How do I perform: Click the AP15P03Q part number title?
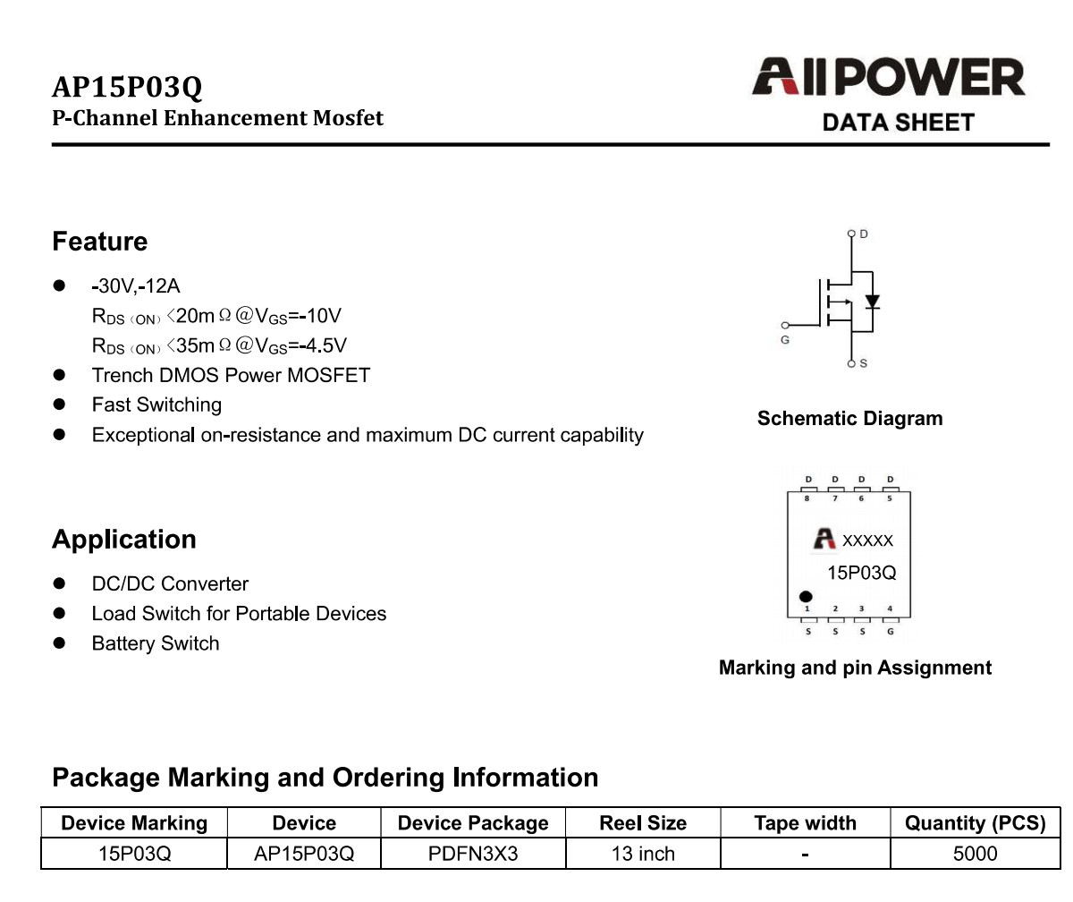tap(127, 87)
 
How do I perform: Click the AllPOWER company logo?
tap(889, 77)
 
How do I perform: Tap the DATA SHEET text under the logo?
tap(899, 123)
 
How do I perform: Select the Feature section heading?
tap(99, 242)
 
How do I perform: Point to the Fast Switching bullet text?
tap(156, 404)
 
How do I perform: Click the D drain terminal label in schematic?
tap(864, 234)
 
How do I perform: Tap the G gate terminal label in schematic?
tap(785, 340)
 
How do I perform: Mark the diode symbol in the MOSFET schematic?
tap(872, 302)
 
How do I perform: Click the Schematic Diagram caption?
tap(850, 419)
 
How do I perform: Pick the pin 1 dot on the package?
tap(806, 597)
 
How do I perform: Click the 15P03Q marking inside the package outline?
tap(861, 573)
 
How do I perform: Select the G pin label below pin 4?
tap(890, 632)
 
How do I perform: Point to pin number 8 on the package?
tap(807, 498)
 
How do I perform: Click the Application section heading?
tap(124, 540)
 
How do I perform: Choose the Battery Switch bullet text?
tap(156, 643)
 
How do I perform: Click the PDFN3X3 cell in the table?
tap(473, 854)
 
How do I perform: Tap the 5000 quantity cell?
tap(975, 854)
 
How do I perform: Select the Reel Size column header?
tap(643, 822)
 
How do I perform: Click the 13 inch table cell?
tap(643, 854)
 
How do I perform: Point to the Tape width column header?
tap(806, 822)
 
